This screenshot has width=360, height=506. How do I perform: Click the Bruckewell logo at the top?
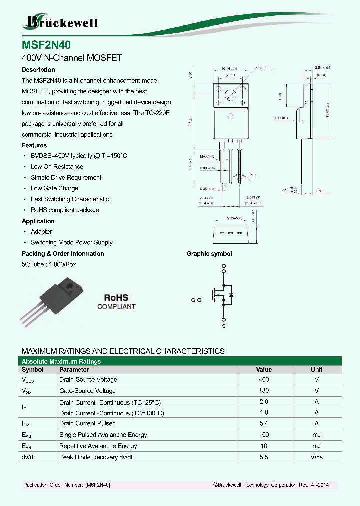point(61,21)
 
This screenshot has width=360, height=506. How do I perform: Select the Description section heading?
point(38,70)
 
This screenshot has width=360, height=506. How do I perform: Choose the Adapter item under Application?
point(41,232)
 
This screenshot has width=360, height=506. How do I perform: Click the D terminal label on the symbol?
point(224,265)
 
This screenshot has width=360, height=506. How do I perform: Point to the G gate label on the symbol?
point(193,300)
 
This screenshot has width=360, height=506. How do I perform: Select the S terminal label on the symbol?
point(224,326)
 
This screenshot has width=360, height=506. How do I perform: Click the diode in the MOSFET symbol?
point(231,296)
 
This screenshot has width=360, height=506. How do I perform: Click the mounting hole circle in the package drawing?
point(230,95)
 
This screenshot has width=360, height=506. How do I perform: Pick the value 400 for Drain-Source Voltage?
point(264,380)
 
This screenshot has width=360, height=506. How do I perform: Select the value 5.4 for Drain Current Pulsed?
point(264,424)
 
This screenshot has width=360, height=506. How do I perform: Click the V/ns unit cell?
point(316,457)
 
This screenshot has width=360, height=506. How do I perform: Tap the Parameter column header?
point(74,370)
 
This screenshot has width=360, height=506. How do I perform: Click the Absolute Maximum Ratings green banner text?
point(61,361)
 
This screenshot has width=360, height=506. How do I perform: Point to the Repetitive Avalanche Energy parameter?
point(98,446)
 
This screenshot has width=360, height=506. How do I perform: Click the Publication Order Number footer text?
point(66,485)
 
